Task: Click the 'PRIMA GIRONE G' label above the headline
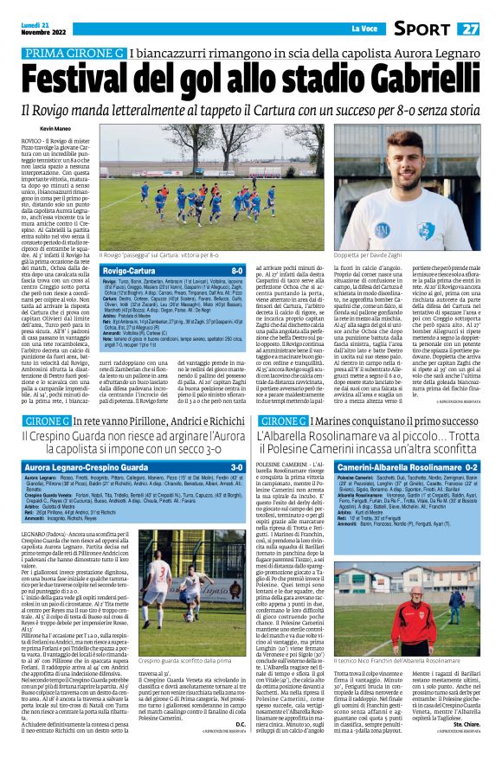point(71,54)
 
